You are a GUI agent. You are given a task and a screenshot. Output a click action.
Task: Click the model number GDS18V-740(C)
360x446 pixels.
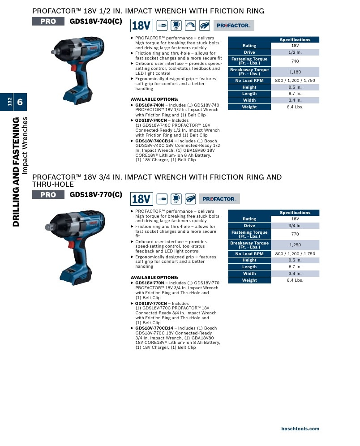(96, 21)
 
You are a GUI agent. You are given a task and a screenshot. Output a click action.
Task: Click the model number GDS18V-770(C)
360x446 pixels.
(96, 194)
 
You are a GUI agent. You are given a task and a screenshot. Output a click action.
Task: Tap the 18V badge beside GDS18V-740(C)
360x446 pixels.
(141, 26)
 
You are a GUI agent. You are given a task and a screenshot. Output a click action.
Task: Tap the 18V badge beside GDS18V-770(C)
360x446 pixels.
(141, 199)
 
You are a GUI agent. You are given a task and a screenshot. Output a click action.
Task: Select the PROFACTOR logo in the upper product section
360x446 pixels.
(234, 26)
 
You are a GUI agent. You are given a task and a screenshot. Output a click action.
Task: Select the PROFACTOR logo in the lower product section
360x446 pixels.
(219, 199)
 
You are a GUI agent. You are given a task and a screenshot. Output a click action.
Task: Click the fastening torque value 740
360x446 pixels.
(295, 61)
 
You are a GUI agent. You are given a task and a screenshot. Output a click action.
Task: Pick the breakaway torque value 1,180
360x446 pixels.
(295, 72)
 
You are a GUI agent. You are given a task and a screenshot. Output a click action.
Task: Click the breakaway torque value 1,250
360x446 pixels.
(295, 245)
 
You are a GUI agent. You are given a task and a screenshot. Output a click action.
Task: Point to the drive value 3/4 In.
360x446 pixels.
(295, 226)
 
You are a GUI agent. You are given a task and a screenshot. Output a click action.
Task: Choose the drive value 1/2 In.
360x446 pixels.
(295, 52)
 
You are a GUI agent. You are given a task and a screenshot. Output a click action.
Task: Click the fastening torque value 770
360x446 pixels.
(295, 234)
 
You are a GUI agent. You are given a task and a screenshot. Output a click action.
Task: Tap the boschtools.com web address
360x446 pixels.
(300, 429)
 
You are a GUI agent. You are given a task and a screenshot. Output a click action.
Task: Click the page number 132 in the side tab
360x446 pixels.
(10, 102)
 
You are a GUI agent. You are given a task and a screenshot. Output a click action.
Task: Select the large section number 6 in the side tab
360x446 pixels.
(20, 102)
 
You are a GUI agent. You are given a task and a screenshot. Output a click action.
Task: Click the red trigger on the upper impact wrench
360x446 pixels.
(73, 68)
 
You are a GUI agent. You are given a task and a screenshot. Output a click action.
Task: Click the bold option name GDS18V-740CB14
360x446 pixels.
(154, 141)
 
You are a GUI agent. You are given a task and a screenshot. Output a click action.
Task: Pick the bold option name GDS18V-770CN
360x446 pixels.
(151, 304)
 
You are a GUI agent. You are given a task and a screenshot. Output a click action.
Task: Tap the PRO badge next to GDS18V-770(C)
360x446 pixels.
(48, 195)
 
